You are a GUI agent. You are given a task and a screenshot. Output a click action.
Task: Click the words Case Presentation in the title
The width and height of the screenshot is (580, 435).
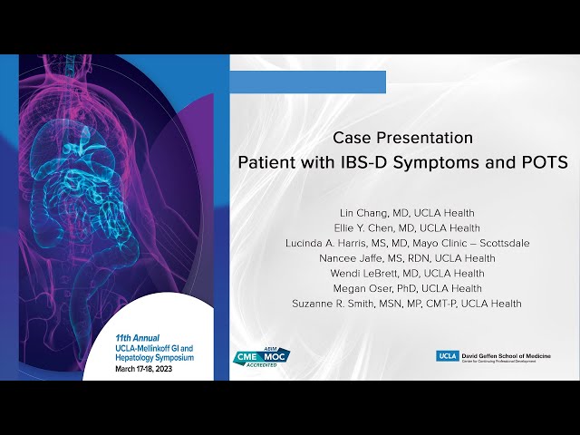402,138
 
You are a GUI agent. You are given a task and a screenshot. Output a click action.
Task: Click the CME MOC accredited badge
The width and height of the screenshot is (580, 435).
262,356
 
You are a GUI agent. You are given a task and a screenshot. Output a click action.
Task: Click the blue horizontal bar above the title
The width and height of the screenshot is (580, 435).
307,82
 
